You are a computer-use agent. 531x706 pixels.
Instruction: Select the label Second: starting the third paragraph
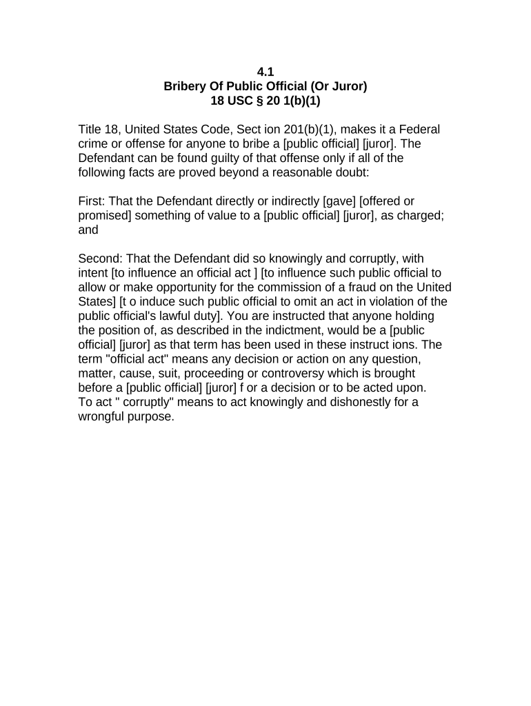pos(100,259)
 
